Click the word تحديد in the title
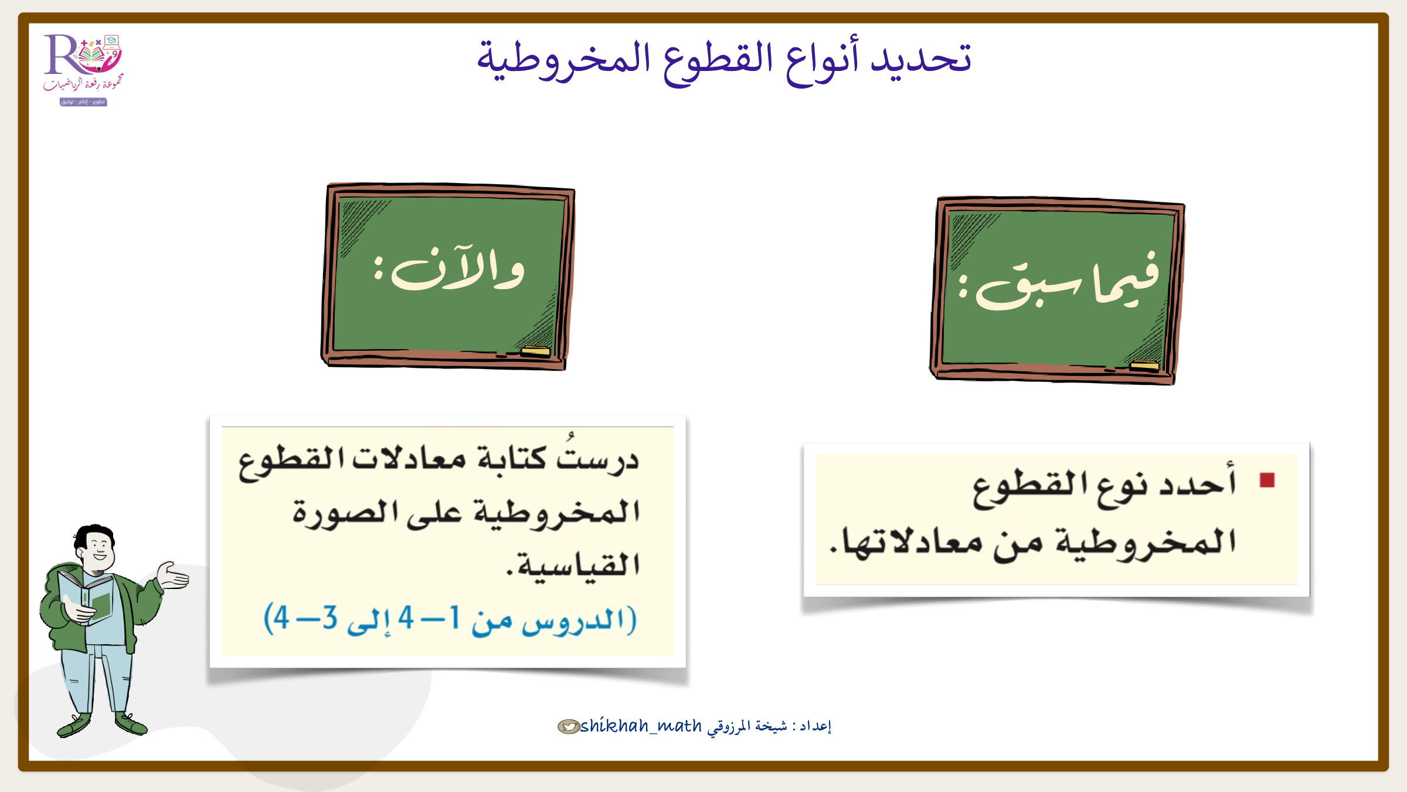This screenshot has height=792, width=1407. coord(921,59)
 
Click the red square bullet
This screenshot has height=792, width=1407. coord(1267,480)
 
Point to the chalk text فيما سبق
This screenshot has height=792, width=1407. coord(1059,282)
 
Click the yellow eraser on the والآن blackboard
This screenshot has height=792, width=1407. coord(535,351)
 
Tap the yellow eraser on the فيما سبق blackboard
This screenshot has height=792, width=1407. coord(1144,366)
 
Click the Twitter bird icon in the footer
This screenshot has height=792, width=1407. coord(568,727)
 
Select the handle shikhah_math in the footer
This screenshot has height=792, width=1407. coord(641,726)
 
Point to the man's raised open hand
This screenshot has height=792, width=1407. coord(174,575)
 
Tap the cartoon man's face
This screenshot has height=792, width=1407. coord(98,548)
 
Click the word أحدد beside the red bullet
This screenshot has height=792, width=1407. coord(1198,480)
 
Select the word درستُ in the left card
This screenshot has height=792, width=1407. coord(597,455)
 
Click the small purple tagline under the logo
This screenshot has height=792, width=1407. coord(83,102)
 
